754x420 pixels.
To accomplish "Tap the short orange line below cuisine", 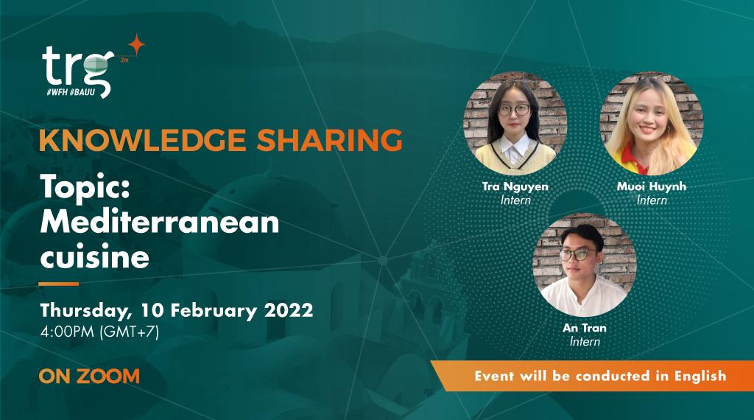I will (58, 283).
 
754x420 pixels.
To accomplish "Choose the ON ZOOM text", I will (89, 376).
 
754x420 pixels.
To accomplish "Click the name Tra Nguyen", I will (515, 186).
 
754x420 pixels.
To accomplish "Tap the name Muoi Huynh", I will (651, 186).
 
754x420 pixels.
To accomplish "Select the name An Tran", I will (585, 328).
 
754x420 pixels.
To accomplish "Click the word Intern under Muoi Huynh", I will (651, 200).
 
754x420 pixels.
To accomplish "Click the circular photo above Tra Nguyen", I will (515, 122).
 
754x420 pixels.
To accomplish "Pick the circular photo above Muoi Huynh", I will (651, 122).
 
